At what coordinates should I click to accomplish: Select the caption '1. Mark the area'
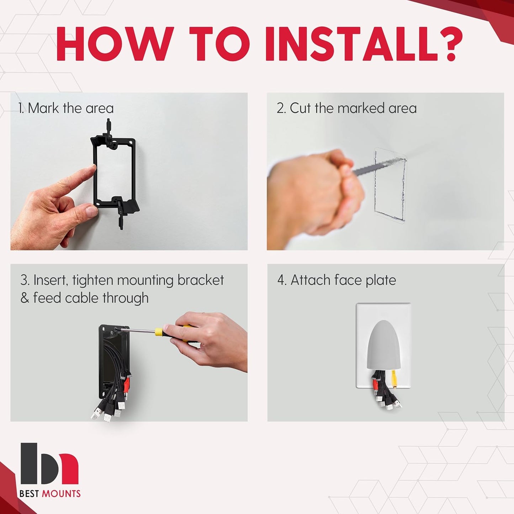click(x=66, y=108)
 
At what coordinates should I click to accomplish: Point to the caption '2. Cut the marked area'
click(x=346, y=108)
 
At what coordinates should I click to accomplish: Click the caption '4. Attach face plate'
click(x=337, y=280)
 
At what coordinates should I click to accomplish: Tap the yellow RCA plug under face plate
click(x=393, y=378)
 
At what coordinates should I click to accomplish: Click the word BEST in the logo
click(x=30, y=493)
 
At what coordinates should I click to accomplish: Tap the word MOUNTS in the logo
click(x=61, y=493)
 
